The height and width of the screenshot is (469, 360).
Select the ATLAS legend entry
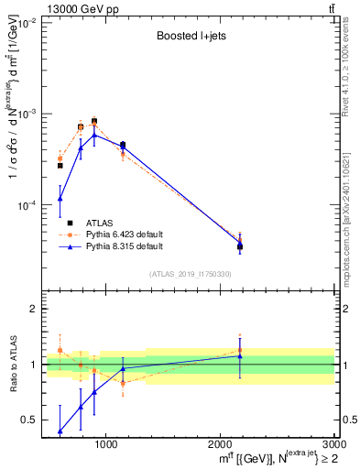coord(101,223)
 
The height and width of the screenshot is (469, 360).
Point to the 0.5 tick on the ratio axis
coord(30,420)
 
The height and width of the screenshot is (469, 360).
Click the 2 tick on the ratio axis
coord(35,310)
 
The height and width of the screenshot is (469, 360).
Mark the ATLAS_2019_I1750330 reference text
coord(191,274)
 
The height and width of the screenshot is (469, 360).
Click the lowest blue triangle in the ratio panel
coord(60,431)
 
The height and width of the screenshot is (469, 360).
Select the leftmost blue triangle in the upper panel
coord(60,198)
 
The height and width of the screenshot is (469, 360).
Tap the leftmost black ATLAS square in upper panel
coord(60,165)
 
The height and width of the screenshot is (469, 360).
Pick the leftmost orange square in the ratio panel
coord(60,350)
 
